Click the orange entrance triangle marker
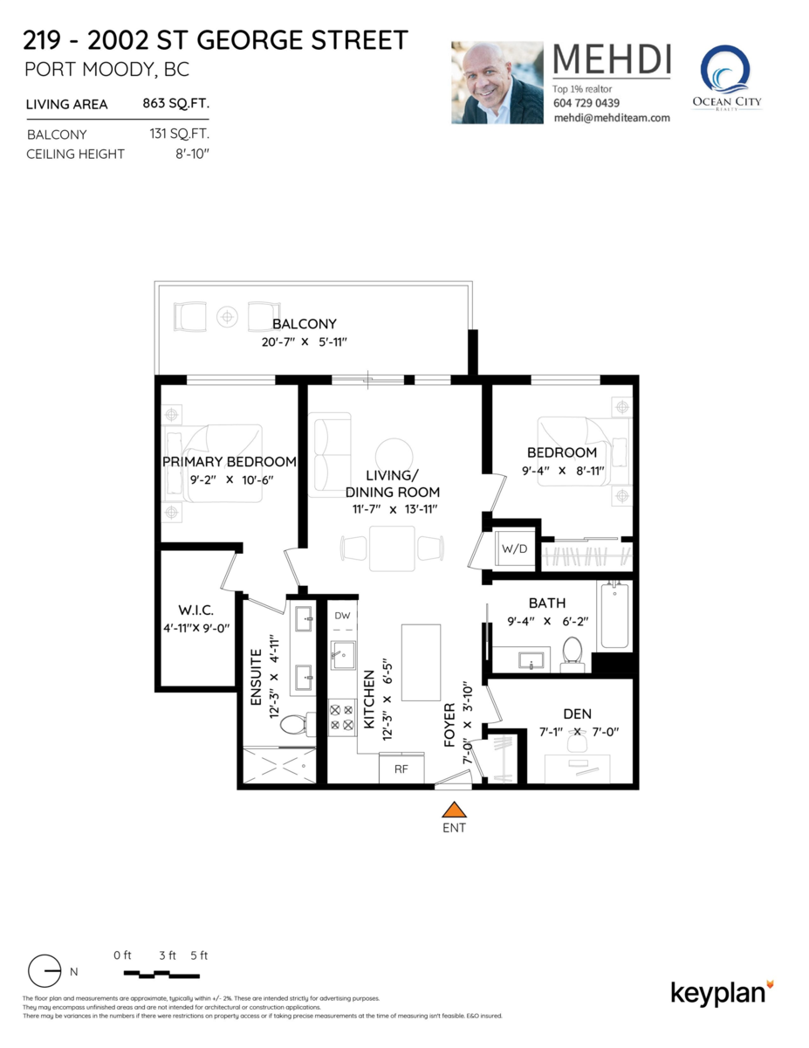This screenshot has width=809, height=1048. tap(454, 810)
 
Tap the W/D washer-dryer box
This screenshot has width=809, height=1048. tap(515, 548)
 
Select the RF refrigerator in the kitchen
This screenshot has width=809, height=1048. tap(401, 769)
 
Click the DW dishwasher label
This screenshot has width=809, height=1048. tap(343, 616)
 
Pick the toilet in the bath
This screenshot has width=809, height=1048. tap(572, 653)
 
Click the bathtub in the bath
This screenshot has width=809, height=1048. tap(614, 616)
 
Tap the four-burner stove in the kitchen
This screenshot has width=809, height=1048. tap(341, 717)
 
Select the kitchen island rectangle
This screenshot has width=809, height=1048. tap(421, 663)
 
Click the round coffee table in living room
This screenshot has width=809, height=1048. tap(394, 456)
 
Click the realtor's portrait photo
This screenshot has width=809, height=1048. tap(497, 82)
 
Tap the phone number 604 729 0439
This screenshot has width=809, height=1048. tap(586, 103)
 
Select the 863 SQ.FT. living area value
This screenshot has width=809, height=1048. tap(176, 104)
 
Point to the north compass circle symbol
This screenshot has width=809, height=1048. tap(45, 971)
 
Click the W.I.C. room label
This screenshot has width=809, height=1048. tap(195, 610)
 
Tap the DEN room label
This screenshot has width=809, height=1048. tap(577, 714)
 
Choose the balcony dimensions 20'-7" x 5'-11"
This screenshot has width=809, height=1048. tap(304, 342)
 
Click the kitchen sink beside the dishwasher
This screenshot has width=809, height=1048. tap(343, 655)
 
